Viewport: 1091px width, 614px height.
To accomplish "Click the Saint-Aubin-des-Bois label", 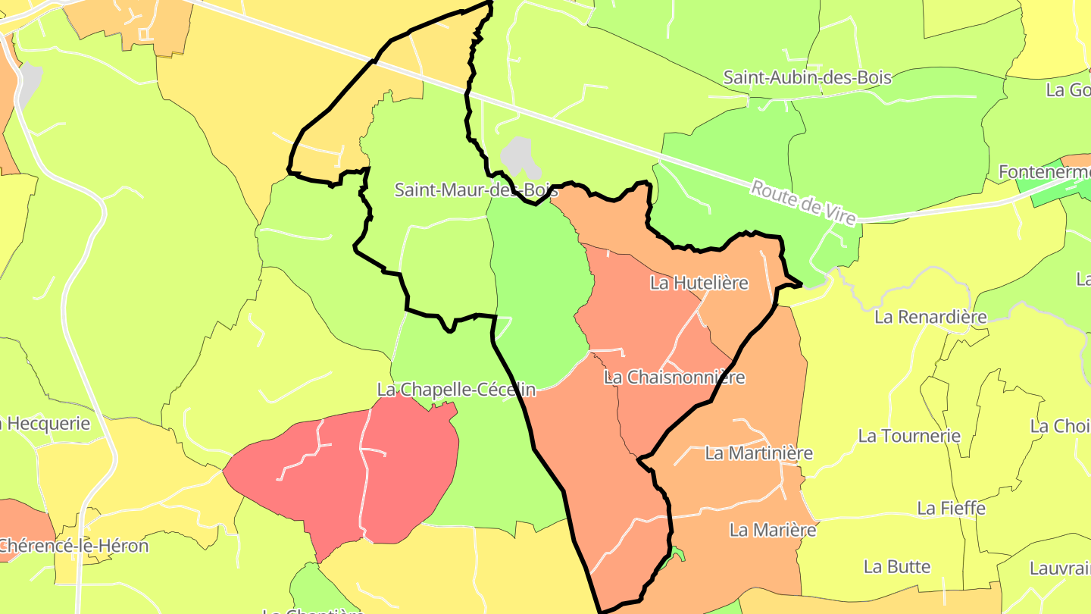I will point(807,77).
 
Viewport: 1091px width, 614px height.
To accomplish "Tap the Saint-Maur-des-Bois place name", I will point(476,190).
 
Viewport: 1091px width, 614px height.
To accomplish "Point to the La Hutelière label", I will point(699,283).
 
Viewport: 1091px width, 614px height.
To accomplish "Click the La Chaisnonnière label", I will point(674,377).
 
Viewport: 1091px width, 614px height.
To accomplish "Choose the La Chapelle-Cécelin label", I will point(456,390).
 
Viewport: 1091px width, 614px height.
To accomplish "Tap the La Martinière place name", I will point(758,453).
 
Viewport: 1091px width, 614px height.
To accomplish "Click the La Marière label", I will point(773,530).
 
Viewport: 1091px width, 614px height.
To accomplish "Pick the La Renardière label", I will point(930,317).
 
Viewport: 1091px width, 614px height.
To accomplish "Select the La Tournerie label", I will point(909,436).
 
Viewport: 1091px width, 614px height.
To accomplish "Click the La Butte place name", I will point(897,566).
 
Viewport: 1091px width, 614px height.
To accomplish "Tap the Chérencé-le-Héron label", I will point(73,545).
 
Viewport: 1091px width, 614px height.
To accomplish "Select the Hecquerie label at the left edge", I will point(47,424).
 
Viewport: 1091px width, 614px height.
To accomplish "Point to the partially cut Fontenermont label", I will point(1044,172).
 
